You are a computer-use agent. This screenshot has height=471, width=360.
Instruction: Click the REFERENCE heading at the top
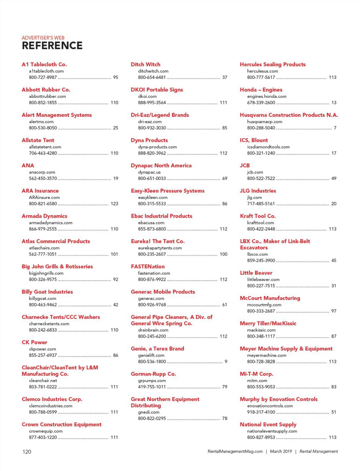point(52,46)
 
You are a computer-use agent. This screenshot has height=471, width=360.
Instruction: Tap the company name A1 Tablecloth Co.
point(44,64)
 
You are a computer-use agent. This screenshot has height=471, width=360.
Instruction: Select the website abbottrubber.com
point(47,96)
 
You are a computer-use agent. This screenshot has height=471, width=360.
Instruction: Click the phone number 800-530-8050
point(43,128)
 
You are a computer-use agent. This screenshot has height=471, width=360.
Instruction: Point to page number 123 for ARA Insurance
point(114,204)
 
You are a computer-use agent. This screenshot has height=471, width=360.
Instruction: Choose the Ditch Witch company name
point(145,64)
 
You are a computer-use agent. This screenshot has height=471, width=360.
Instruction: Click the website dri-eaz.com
point(150,122)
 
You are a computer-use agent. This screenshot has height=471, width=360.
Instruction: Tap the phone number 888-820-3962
point(152,153)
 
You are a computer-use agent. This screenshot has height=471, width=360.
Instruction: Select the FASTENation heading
point(148,266)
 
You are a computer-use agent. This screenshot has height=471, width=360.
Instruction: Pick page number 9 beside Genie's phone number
point(226,361)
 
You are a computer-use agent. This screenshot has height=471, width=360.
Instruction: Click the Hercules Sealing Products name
point(273,64)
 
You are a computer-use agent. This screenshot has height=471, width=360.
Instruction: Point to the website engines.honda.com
point(267,96)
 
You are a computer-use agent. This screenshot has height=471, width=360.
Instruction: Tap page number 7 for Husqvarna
point(335,128)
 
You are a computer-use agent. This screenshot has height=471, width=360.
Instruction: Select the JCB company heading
point(245,165)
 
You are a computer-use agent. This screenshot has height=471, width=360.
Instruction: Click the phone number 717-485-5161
point(261,204)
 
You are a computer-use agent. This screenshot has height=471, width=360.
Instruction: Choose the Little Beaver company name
point(256,273)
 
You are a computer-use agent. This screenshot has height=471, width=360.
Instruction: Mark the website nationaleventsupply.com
point(272,431)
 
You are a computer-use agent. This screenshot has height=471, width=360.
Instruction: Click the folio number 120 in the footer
point(27,452)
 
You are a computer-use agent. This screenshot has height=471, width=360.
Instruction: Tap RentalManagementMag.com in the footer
point(235,451)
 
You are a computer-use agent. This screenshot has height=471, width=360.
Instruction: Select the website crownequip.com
point(46,431)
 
